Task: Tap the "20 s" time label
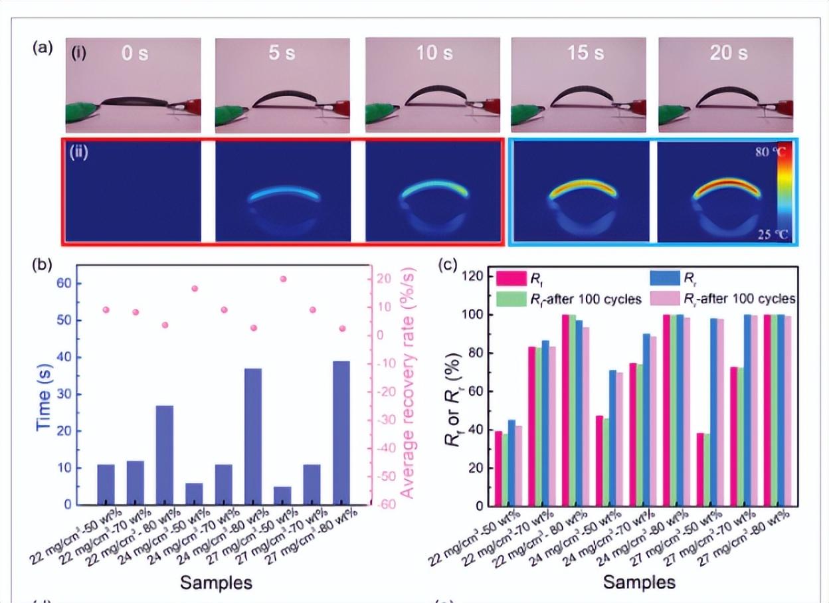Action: (x=728, y=52)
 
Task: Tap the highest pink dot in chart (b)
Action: (x=283, y=279)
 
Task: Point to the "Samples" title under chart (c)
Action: (x=639, y=582)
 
